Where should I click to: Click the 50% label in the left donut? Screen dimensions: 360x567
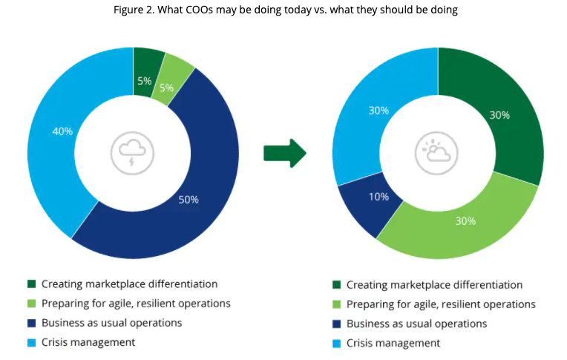189,200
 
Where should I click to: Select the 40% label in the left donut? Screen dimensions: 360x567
62,131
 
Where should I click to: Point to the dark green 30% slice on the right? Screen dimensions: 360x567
499,115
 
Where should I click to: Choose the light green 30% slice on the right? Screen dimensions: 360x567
465,220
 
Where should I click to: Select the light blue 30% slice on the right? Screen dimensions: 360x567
378,111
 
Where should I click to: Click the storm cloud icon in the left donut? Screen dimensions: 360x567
133,153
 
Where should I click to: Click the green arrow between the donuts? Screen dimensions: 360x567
285,152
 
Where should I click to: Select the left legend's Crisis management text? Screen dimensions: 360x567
88,342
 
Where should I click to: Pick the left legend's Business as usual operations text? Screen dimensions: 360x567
111,323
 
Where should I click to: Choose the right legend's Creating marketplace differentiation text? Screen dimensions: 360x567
434,284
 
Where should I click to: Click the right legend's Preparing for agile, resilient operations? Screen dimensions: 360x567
441,304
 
